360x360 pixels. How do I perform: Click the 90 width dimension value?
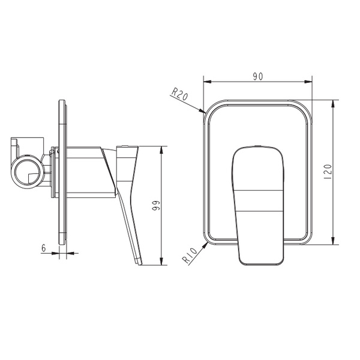[258, 76]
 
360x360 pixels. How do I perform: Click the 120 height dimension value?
[328, 172]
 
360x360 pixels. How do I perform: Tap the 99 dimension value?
[156, 205]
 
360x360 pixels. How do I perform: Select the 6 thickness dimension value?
[44, 248]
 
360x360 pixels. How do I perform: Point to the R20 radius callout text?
[180, 94]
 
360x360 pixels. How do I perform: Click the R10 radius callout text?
[190, 256]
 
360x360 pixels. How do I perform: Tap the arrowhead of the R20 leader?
[202, 111]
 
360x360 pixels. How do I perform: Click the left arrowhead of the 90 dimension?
[208, 82]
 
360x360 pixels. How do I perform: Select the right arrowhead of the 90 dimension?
[308, 82]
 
